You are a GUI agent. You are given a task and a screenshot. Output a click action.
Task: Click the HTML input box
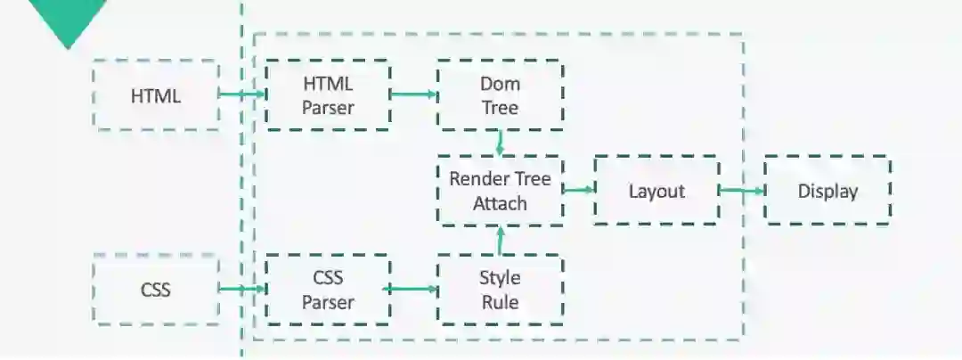click(x=156, y=95)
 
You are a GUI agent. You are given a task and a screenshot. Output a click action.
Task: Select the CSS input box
click(x=156, y=289)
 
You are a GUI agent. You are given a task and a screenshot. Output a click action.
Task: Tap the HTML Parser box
click(x=327, y=95)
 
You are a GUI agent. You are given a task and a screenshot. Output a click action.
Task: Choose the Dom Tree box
click(x=499, y=95)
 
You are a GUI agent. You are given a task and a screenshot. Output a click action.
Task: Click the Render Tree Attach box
click(x=499, y=191)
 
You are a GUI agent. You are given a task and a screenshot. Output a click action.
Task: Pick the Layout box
click(x=656, y=191)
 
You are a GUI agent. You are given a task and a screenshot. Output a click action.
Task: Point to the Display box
click(x=827, y=191)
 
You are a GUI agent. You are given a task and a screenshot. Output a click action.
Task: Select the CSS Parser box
click(x=327, y=289)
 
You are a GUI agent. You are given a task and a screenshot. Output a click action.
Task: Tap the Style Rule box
click(x=499, y=289)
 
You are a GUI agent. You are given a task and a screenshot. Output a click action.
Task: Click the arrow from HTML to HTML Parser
click(x=241, y=94)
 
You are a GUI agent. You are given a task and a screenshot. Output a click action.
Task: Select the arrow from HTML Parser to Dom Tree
click(x=413, y=94)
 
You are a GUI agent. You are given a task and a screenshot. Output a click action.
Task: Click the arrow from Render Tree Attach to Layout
click(x=579, y=189)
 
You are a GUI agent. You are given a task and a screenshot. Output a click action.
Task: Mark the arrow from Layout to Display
click(x=740, y=190)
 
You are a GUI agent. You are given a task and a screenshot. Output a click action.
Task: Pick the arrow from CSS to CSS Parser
click(x=242, y=289)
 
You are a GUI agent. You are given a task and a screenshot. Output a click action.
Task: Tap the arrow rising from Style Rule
click(x=501, y=239)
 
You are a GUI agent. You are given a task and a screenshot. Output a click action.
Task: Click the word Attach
click(x=500, y=203)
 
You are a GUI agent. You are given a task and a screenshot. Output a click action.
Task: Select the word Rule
click(x=500, y=302)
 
